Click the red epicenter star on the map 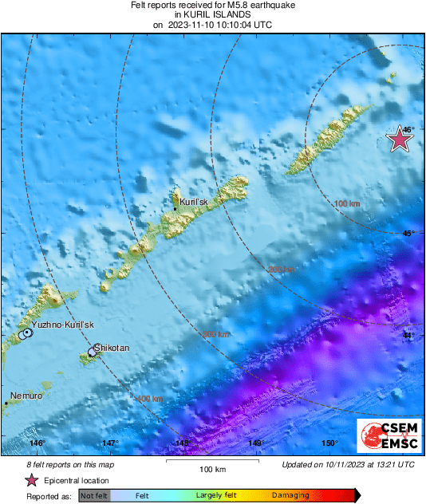[400, 140]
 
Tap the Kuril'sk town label [194, 203]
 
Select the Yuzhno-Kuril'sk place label [63, 325]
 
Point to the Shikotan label [111, 348]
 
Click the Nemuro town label [26, 396]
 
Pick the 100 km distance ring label [347, 204]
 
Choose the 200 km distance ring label [280, 270]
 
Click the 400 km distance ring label [151, 398]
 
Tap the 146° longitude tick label [37, 443]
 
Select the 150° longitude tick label [327, 443]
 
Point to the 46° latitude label [408, 129]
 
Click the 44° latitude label [408, 336]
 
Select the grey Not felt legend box [94, 495]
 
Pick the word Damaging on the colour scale [290, 495]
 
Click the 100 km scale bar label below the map [211, 469]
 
